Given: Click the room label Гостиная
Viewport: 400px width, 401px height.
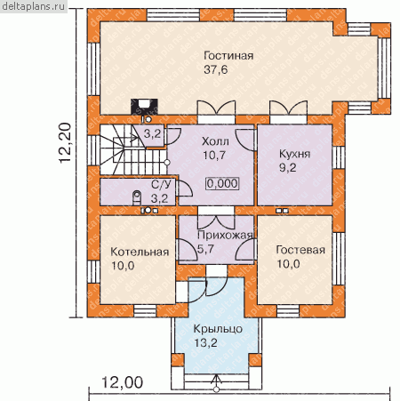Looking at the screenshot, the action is [x=228, y=56].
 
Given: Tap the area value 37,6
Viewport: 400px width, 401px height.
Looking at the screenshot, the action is [x=216, y=69].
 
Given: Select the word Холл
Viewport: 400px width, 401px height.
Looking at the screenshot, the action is [x=215, y=141].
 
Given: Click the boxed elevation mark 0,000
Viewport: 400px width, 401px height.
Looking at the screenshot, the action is [x=222, y=183].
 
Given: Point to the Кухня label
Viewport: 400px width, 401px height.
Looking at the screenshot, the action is [x=295, y=154].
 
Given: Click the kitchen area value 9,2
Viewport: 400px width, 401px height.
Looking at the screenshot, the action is [x=288, y=168].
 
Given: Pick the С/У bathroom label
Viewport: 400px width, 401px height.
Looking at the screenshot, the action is [x=161, y=185].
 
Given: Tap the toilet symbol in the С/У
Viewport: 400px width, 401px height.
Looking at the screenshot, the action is [x=137, y=197].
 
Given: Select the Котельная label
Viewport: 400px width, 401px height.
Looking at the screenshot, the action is [x=140, y=252].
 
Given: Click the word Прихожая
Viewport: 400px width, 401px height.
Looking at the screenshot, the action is [x=225, y=235].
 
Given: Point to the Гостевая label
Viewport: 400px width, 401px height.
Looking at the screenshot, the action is [x=300, y=250].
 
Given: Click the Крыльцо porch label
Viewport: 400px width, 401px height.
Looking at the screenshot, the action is [x=218, y=329].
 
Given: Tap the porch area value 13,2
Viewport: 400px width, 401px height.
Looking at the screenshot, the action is [x=205, y=343].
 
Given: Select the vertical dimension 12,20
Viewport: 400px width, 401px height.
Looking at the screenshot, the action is [x=66, y=142].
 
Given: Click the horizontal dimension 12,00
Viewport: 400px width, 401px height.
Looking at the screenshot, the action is [x=122, y=382].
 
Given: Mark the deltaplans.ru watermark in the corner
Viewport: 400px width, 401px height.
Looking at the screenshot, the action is [x=34, y=6].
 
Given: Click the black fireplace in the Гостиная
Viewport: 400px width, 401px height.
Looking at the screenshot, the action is [x=144, y=106].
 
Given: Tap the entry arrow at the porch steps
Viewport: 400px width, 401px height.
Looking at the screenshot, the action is [x=217, y=382].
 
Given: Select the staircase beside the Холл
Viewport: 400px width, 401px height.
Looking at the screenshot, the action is [x=133, y=149].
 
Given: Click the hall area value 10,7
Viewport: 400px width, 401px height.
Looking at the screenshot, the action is [x=214, y=155].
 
